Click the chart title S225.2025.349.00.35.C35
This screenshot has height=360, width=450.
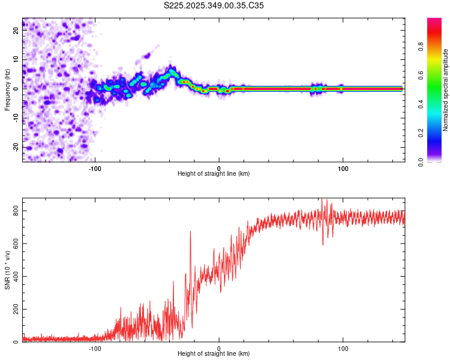(x=214, y=5)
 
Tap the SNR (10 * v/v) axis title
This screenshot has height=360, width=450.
(x=7, y=270)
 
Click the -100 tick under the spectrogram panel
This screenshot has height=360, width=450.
(x=95, y=168)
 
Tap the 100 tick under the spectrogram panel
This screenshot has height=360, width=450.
(x=343, y=168)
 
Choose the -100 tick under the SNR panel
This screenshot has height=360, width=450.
(x=95, y=348)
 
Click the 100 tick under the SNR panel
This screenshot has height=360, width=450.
(x=343, y=348)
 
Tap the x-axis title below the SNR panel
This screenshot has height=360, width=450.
(x=214, y=354)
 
